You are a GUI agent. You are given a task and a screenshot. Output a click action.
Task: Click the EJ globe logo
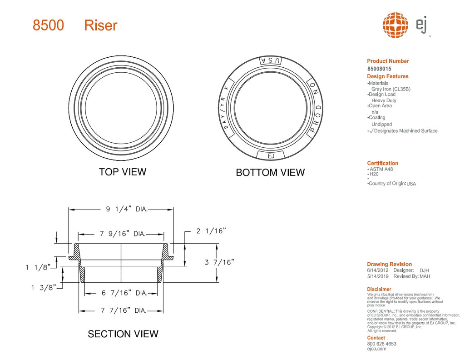point(395,25)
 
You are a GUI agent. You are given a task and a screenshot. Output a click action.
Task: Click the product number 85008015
point(379,69)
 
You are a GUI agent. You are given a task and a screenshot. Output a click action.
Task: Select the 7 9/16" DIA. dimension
point(122,234)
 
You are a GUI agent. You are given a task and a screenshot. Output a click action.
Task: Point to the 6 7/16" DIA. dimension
point(124,293)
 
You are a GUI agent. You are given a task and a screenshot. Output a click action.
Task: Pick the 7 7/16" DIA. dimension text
point(123,310)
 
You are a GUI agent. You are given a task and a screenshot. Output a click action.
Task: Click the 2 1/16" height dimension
point(211,231)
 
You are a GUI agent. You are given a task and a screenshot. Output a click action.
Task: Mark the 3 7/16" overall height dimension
point(219,262)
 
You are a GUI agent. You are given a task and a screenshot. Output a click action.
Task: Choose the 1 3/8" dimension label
point(44,287)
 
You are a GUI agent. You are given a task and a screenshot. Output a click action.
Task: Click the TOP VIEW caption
point(123,172)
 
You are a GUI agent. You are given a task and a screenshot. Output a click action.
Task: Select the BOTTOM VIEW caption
point(270,173)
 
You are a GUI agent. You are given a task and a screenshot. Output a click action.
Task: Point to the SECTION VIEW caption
point(123,334)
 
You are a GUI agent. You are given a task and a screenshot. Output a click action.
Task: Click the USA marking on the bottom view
point(270,61)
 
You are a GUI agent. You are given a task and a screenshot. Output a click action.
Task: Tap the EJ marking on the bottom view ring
point(271,156)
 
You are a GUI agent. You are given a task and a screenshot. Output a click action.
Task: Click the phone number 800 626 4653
point(381,344)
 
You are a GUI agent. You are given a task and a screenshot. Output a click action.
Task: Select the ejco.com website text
point(376,349)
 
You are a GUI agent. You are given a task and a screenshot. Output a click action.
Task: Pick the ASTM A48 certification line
point(381,169)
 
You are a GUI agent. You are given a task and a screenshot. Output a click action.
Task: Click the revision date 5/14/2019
point(377,276)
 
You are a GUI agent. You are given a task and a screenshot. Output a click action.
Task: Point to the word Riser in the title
point(101,25)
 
